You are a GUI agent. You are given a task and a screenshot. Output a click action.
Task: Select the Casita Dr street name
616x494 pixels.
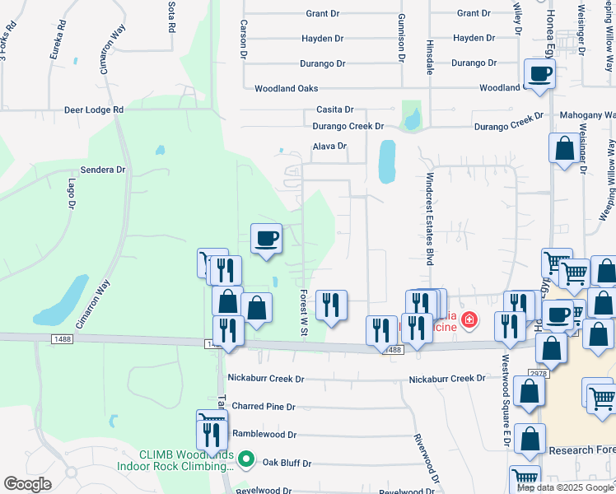(x=335, y=110)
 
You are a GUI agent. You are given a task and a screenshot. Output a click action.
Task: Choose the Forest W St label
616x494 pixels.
(x=303, y=312)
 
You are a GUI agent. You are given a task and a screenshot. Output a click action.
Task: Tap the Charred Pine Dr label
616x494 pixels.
(x=264, y=407)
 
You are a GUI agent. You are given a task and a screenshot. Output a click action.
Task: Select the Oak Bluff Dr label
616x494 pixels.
(x=287, y=464)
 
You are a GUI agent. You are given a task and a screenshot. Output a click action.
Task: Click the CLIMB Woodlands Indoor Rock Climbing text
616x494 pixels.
(x=186, y=461)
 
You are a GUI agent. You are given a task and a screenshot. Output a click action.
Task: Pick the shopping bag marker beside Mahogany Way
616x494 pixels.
(x=565, y=150)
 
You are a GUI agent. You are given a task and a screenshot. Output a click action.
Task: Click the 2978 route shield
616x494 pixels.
(x=539, y=374)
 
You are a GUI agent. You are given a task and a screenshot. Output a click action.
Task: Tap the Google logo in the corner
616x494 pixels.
(x=27, y=484)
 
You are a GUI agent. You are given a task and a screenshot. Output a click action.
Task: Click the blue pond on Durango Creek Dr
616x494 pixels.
(x=411, y=119)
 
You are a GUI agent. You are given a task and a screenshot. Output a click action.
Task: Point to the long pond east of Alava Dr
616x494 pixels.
(x=385, y=162)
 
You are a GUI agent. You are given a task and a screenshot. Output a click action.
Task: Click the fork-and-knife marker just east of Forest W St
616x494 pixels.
(x=330, y=305)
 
